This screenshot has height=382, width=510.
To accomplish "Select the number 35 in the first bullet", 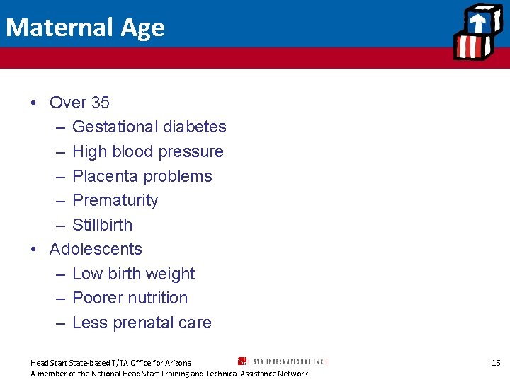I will pyautogui.click(x=100, y=103).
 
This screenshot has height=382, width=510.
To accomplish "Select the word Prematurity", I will pyautogui.click(x=115, y=201).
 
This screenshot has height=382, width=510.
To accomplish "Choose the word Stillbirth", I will pyautogui.click(x=103, y=225).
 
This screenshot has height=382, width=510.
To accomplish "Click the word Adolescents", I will pyautogui.click(x=96, y=250).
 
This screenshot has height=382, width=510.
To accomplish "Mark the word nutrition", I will pyautogui.click(x=154, y=299).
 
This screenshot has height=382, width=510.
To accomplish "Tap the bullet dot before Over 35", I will pyautogui.click(x=34, y=103).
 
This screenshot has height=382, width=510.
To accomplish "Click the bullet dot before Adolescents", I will pyautogui.click(x=34, y=250).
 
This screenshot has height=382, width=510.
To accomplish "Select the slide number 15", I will pyautogui.click(x=496, y=363).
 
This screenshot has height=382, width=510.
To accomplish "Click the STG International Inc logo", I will pyautogui.click(x=283, y=361).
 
